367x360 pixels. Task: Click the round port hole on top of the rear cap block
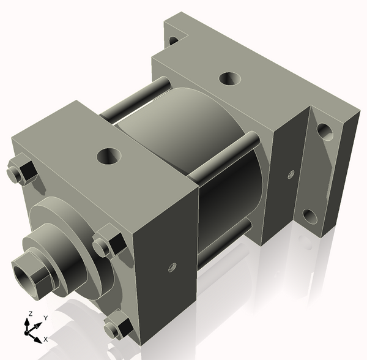(229, 79)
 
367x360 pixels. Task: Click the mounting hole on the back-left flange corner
(173, 40)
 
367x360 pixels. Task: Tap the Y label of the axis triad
(45, 318)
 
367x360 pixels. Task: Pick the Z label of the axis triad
(29, 314)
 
